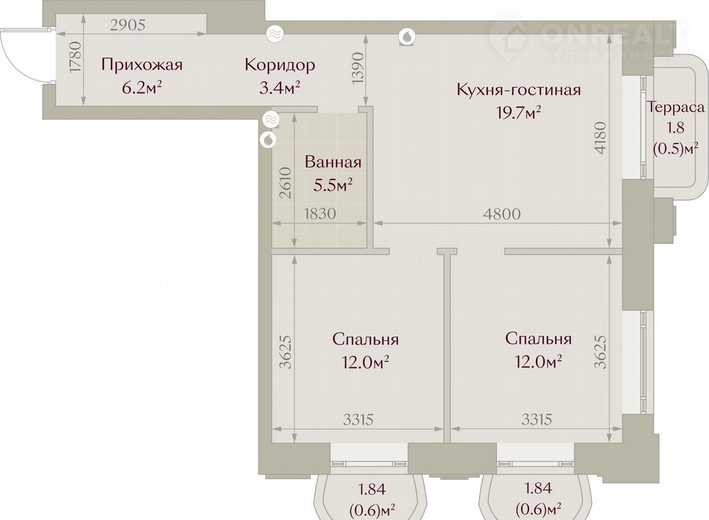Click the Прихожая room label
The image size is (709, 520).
[x=142, y=65]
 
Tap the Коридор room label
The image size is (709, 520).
[x=280, y=66]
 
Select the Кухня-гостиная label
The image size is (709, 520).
[x=519, y=90]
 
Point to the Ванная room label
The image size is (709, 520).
[x=333, y=162]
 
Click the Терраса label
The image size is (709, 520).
[x=675, y=107]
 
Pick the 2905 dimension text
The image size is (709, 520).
[x=128, y=25]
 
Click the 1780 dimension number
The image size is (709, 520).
[x=76, y=57]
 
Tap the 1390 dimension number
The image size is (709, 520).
[x=358, y=73]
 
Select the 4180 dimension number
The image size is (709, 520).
[x=601, y=138]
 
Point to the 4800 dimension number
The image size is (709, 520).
[x=502, y=214]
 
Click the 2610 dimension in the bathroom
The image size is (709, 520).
[x=285, y=183]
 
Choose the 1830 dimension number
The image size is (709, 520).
[x=320, y=214]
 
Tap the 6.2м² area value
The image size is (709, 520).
[x=142, y=88]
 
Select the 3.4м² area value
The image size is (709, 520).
[x=280, y=88]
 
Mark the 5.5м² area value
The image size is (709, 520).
[x=333, y=185]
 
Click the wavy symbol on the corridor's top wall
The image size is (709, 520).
[x=275, y=34]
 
